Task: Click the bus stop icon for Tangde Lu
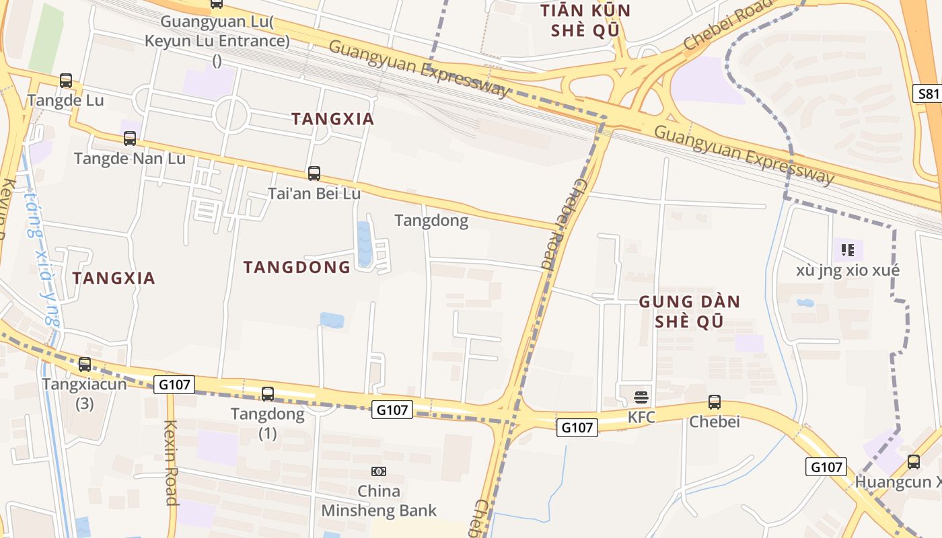pos(66,81)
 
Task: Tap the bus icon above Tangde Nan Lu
pos(130,139)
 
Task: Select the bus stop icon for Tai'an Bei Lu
pos(314,174)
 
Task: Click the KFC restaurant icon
pos(641,397)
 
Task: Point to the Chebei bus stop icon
pos(715,402)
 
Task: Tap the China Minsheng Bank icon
pos(379,471)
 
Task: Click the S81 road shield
pos(928,93)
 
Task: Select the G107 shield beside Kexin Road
pos(175,385)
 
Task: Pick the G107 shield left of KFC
pos(577,427)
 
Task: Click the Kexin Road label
pos(171,463)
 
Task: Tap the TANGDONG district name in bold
pos(297,267)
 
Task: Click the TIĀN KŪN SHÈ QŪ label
pos(586,20)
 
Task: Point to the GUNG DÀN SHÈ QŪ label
pos(689,311)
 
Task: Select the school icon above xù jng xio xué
pos(848,251)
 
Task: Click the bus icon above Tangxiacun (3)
pos(85,364)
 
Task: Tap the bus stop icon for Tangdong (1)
pos(268,394)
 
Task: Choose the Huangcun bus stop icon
pos(914,462)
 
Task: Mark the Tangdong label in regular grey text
pos(431,221)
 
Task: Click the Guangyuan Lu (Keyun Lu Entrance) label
pos(217,41)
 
